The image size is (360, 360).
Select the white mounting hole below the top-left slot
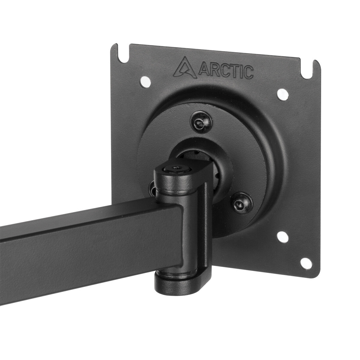(145, 81)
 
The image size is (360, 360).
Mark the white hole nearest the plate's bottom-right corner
(305, 262)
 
